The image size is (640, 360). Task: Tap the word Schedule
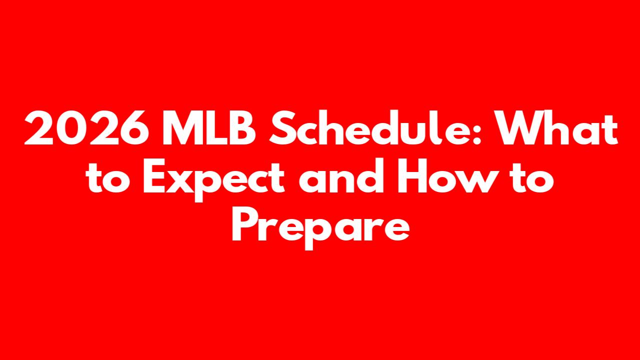370,127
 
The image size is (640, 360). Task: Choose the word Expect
213,180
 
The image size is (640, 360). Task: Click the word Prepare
320,228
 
